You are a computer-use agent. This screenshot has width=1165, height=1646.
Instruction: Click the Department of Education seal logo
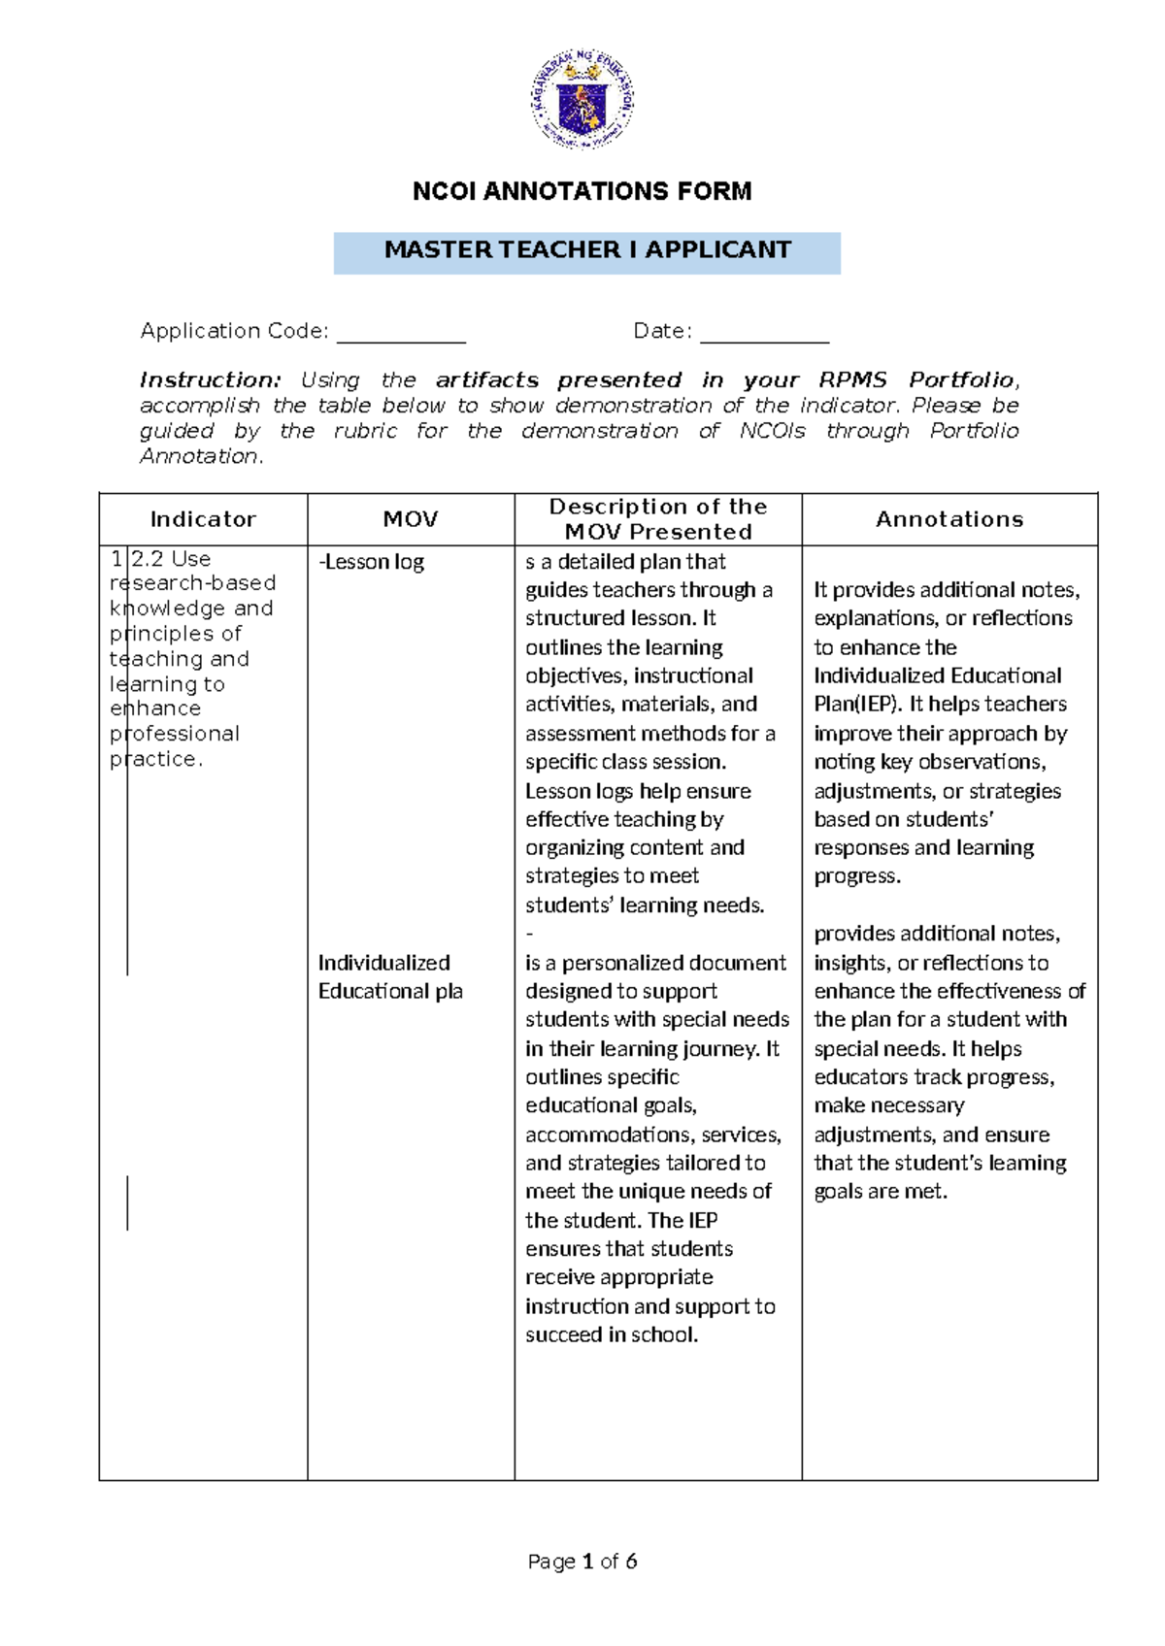[x=582, y=100]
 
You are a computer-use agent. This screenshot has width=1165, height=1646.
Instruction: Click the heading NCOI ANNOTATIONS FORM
[x=582, y=191]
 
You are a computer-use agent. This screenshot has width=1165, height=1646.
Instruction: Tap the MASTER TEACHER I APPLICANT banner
[x=586, y=250]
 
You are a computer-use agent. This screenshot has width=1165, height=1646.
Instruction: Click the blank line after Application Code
[x=401, y=336]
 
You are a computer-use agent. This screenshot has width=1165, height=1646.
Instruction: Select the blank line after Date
[x=764, y=336]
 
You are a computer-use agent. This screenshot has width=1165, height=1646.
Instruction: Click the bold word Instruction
[x=210, y=379]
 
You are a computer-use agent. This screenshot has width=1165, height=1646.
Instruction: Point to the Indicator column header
[x=203, y=519]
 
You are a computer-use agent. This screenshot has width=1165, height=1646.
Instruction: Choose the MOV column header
[x=410, y=519]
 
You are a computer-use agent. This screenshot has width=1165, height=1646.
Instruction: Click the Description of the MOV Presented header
[x=657, y=518]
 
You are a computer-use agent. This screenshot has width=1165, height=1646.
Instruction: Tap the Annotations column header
[x=949, y=519]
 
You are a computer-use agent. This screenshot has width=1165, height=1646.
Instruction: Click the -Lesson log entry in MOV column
[x=372, y=562]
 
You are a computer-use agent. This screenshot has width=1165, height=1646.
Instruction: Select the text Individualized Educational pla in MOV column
[x=389, y=976]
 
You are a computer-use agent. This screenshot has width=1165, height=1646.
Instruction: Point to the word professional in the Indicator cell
[x=175, y=734]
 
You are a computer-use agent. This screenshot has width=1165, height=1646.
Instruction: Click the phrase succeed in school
[x=611, y=1334]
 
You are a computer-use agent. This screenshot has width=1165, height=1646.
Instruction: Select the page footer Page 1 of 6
[x=582, y=1562]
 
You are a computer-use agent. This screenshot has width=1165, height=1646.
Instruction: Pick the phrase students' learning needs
[x=645, y=905]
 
